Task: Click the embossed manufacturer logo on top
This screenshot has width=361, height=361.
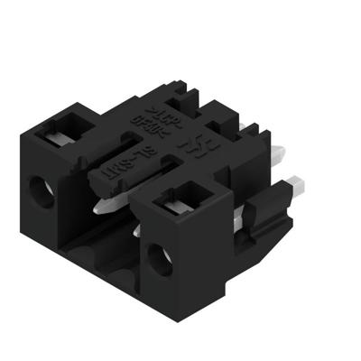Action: [x=191, y=144]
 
